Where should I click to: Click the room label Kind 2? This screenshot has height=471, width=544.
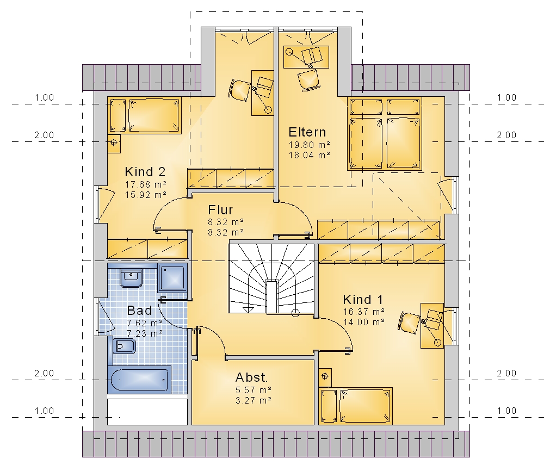point(145,172)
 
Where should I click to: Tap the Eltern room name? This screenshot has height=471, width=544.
point(307,132)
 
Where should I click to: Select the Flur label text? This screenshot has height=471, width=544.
point(220,210)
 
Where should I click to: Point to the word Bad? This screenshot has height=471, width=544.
point(139,311)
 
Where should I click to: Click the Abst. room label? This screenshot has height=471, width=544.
point(251,377)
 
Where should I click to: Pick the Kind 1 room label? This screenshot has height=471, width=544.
point(363,299)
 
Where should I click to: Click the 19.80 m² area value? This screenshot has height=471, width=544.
point(310,145)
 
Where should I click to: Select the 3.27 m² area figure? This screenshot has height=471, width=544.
point(254,401)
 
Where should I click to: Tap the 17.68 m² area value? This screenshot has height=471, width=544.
point(146,184)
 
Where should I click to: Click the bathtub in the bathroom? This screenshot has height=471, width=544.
point(139,380)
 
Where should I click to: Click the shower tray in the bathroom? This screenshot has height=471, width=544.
point(172,277)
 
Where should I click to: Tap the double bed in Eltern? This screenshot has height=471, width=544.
point(385,134)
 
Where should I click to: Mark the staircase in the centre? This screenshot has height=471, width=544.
point(271,279)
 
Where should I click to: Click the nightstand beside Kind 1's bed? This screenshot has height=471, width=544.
point(325,377)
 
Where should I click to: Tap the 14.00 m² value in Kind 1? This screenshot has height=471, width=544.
point(364,322)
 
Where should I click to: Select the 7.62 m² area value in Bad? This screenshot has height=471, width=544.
point(145,323)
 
